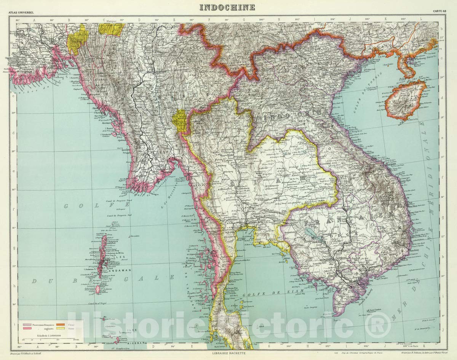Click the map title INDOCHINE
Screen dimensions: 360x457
(x=227, y=7)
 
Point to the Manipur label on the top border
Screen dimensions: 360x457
(x=111, y=21)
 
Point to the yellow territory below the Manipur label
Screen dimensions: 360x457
(x=111, y=29)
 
